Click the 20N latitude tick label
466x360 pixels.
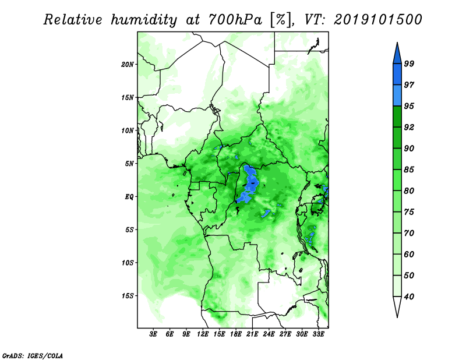pos(128,64)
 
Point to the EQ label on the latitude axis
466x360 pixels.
pos(129,196)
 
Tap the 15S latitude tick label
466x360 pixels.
pos(128,296)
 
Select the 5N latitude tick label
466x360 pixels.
pos(129,164)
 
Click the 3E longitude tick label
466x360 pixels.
pos(153,334)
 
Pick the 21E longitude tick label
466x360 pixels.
pos(252,334)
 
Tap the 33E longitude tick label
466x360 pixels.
pos(318,334)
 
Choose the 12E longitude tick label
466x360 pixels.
pos(202,334)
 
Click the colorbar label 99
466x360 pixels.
pos(409,63)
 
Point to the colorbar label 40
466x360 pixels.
pos(409,297)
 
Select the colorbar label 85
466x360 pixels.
pos(409,170)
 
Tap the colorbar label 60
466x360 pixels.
pos(409,254)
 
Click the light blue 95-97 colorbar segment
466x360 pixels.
pos(397,96)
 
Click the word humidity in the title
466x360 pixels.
pos(144,20)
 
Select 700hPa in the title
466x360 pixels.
pos(235,20)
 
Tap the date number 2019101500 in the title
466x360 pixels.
pos(377,20)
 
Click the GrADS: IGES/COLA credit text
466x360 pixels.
pos(33,355)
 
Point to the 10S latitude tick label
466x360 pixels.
pos(128,263)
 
